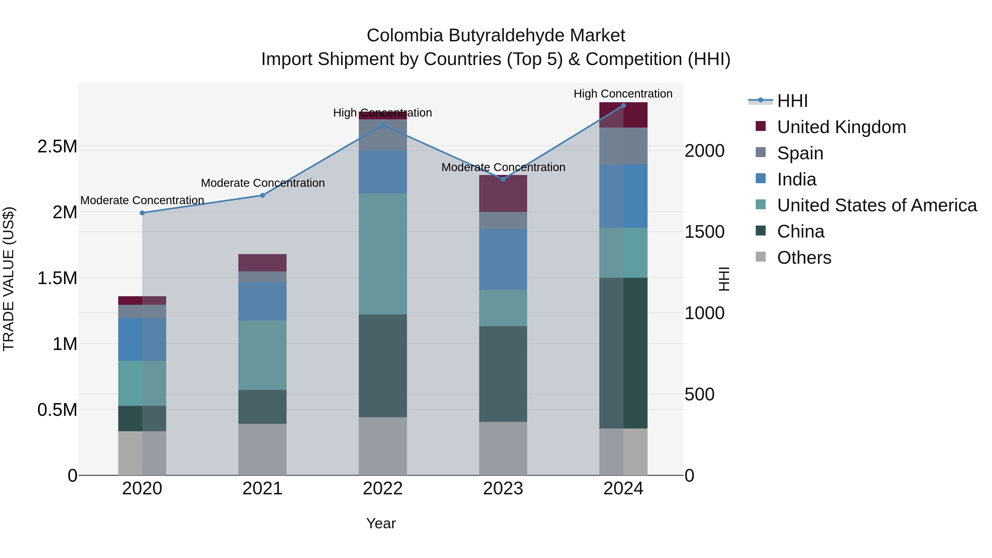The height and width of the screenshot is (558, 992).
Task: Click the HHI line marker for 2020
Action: click(142, 213)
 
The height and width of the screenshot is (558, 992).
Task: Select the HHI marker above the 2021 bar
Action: click(262, 195)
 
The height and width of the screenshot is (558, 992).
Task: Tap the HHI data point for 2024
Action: click(624, 106)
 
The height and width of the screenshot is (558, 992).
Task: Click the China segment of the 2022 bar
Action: click(382, 366)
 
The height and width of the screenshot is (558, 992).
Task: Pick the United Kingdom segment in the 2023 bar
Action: click(503, 194)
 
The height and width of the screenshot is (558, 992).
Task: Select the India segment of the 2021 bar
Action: click(262, 301)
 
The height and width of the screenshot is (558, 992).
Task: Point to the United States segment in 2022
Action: click(382, 254)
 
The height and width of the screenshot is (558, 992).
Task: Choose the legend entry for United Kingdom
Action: click(842, 127)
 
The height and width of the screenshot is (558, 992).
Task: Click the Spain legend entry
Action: click(800, 153)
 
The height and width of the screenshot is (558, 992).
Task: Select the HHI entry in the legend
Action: click(792, 101)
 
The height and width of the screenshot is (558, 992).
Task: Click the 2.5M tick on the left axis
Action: click(57, 147)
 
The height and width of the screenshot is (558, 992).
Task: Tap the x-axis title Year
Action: click(381, 523)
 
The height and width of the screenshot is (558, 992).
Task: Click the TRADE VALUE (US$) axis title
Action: click(9, 279)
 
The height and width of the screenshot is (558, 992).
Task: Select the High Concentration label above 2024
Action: click(623, 94)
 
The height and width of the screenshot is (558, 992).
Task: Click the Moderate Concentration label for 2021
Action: click(263, 183)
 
